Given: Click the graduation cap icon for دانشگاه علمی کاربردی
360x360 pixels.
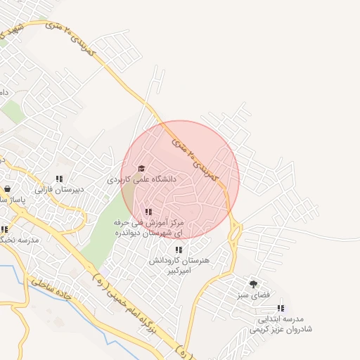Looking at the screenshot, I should tap(141, 169).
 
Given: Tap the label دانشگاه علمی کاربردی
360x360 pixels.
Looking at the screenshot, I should tap(141, 180).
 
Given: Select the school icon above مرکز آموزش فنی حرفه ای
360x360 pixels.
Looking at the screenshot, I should tap(148, 212).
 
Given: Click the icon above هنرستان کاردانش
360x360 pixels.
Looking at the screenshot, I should tap(179, 250).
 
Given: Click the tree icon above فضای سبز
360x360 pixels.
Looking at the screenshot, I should tap(253, 284).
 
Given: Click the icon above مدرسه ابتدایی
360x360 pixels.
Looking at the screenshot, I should tap(281, 308).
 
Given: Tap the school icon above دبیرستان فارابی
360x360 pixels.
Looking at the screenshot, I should tap(59, 179).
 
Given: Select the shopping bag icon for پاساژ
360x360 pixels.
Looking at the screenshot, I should tap(7, 188).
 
